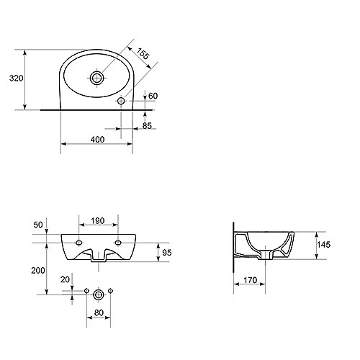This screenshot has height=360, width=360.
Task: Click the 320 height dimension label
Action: click(17, 78)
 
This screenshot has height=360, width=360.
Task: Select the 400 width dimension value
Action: click(97, 140)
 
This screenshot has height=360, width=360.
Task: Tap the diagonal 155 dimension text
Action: click(143, 53)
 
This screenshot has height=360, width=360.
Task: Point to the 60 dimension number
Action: click(153, 96)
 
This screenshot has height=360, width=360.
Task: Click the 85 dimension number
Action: click(147, 125)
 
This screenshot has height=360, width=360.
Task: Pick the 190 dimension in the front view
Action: click(98, 221)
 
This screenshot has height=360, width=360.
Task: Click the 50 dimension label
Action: click(38, 225)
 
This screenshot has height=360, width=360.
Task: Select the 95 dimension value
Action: click(167, 253)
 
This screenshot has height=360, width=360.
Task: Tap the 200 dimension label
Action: click(38, 271)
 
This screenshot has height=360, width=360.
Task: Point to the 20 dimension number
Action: click(65, 279)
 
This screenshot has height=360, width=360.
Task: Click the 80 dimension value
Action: click(99, 313)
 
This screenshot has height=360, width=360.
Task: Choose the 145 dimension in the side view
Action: click(324, 245)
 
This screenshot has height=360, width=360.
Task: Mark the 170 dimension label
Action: click(251, 280)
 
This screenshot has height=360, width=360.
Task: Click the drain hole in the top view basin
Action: click(97, 78)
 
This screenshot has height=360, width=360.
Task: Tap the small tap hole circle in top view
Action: click(121, 101)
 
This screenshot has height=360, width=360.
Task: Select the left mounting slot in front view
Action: click(78, 243)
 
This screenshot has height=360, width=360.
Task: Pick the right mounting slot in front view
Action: click(118, 243)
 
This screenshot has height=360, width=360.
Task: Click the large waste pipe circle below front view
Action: click(99, 294)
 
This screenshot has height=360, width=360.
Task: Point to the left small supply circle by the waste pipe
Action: click(86, 291)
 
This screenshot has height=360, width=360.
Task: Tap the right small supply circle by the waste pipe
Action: click(110, 291)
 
